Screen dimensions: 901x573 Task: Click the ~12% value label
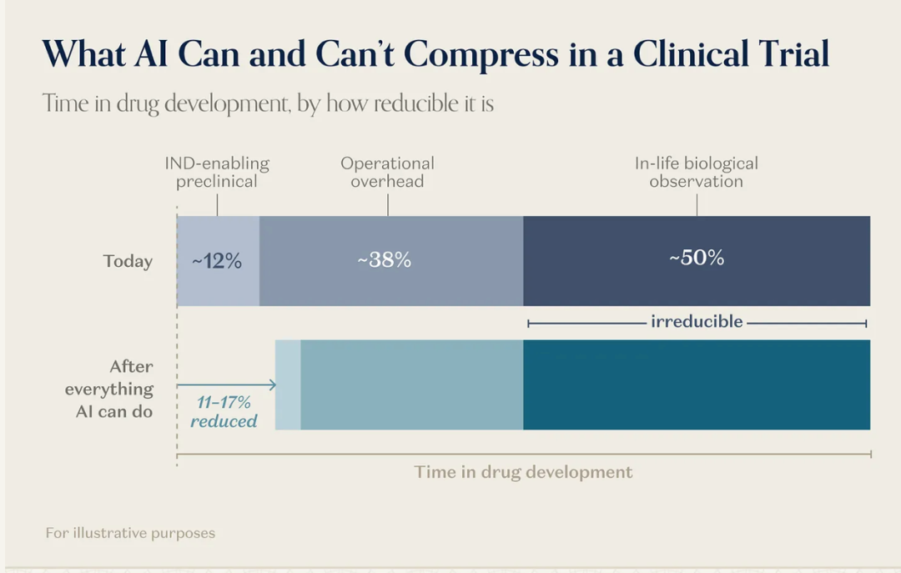[x=217, y=261]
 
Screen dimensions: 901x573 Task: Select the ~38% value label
[x=385, y=259]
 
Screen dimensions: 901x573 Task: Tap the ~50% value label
[x=697, y=258]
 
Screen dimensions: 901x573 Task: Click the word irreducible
[x=697, y=321]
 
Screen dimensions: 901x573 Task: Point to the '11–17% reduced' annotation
[x=224, y=411]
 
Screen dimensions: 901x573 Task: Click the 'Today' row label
[x=128, y=262]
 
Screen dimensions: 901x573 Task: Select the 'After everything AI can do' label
[x=109, y=389]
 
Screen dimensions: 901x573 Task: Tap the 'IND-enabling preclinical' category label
[x=217, y=173]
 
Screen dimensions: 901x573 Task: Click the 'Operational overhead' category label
[x=387, y=173]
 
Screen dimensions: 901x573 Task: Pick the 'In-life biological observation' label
[x=697, y=173]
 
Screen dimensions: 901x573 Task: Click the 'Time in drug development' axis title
[x=523, y=472]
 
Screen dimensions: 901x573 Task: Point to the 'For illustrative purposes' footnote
[x=130, y=533]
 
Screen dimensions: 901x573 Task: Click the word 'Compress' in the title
[x=481, y=54]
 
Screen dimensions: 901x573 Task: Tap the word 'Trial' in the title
[x=793, y=53]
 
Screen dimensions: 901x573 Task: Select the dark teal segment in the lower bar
[x=697, y=385]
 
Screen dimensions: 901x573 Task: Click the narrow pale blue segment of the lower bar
[x=288, y=385]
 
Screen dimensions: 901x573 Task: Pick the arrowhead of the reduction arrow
[x=274, y=385]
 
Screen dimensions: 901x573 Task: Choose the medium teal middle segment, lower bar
[x=412, y=385]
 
